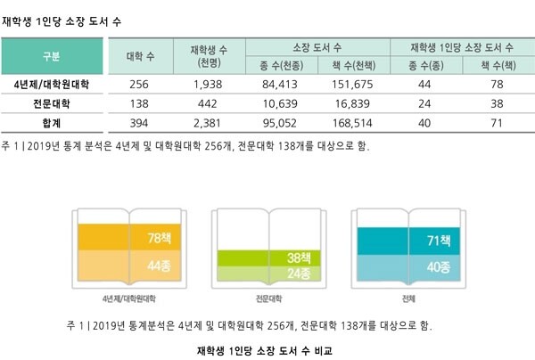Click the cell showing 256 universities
pos(139,85)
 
